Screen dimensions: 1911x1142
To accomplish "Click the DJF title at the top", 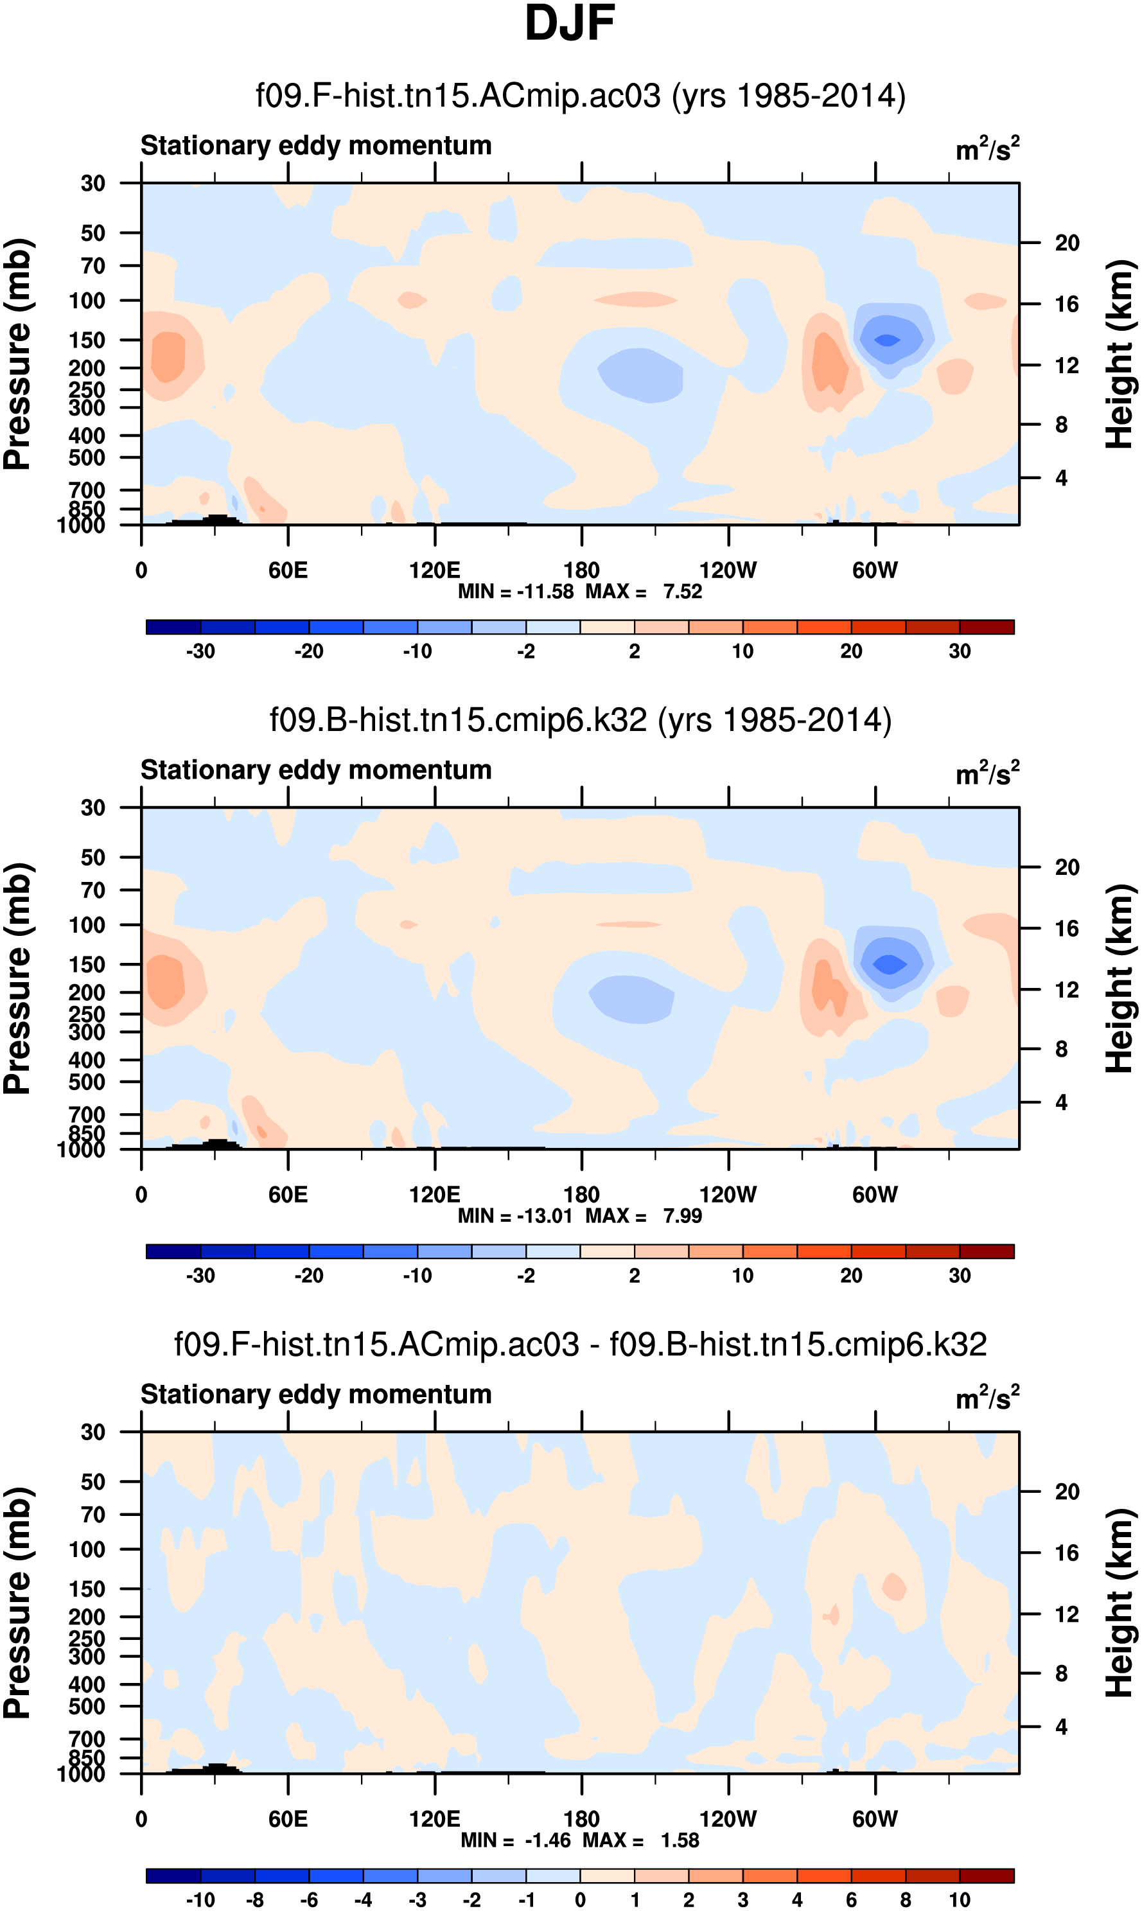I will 570,23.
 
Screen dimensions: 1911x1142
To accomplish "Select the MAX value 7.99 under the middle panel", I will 683,1216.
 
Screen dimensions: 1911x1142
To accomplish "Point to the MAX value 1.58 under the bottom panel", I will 680,1840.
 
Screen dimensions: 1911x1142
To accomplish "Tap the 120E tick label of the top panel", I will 435,570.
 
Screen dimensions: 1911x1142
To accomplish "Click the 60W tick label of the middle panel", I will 875,1195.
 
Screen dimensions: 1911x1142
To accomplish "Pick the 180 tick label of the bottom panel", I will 581,1819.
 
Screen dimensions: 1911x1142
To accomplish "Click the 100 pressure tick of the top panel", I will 87,301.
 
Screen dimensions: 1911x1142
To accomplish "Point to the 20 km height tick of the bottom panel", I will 1067,1491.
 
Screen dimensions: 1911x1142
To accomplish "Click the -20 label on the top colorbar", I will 308,651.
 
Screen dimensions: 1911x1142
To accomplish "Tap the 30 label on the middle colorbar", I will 959,1275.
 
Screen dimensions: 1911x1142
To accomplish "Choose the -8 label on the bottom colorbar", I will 255,1899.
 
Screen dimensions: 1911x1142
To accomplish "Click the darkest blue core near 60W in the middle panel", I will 890,964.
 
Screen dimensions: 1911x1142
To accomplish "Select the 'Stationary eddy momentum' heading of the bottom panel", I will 315,1394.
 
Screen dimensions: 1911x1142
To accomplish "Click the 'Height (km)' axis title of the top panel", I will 1120,354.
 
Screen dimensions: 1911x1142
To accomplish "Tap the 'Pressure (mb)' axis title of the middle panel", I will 17,978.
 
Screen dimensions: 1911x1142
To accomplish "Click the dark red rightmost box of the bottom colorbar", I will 987,1876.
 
